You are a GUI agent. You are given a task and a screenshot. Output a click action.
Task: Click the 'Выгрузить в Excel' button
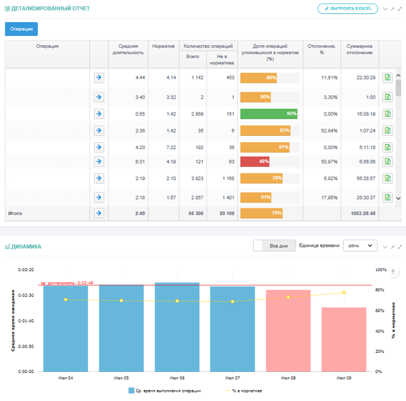pyautogui.click(x=347, y=9)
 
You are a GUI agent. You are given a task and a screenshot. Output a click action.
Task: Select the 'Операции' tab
pyautogui.click(x=21, y=29)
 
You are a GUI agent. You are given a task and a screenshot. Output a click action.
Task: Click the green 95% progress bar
pyautogui.click(x=269, y=114)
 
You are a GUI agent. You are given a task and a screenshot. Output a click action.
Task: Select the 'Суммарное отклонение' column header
pyautogui.click(x=359, y=50)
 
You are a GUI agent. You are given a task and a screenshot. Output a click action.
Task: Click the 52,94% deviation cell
pyautogui.click(x=329, y=131)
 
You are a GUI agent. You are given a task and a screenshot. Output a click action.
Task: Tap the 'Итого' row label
pyautogui.click(x=15, y=214)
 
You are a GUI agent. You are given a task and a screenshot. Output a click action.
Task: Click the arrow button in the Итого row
pyautogui.click(x=99, y=214)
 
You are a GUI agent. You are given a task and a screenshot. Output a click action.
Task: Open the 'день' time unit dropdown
pyautogui.click(x=360, y=246)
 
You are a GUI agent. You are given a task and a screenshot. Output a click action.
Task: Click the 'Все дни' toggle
pyautogui.click(x=274, y=246)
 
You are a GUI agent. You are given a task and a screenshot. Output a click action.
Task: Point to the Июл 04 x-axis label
pyautogui.click(x=66, y=377)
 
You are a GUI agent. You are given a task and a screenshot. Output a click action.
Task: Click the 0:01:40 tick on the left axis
pyautogui.click(x=26, y=321)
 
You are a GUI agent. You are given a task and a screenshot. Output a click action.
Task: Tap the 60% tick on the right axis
pyautogui.click(x=380, y=310)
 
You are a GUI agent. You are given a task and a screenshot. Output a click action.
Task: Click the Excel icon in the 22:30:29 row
pyautogui.click(x=387, y=77)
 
